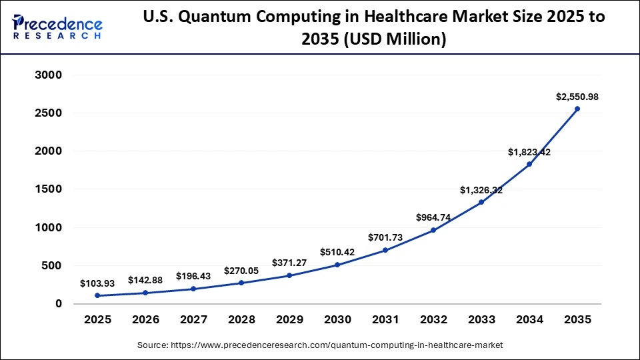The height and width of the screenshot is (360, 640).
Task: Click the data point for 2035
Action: pos(577,109)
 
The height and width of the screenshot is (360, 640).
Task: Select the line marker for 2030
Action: pos(337,265)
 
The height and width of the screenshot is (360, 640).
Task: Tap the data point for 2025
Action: pos(97,295)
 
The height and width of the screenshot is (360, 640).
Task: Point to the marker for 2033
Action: pos(481,202)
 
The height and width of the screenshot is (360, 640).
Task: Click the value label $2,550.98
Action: pos(577,97)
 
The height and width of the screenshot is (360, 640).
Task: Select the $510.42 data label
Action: pos(337,252)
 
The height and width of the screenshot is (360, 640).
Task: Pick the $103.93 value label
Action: pos(97,283)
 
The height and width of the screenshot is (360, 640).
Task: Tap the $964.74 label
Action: pos(433,217)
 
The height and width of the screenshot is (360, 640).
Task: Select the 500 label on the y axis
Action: pos(51,265)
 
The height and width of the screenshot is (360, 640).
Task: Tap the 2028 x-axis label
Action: pos(241,320)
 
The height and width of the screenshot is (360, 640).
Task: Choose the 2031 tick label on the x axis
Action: pos(385,320)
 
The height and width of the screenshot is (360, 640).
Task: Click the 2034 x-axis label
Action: pos(529,320)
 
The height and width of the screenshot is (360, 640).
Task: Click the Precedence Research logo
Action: pos(57,27)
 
